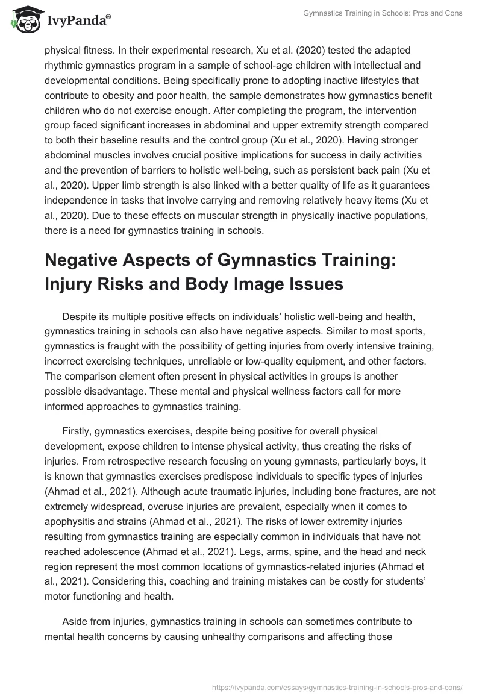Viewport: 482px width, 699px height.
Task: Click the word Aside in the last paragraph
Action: (75, 622)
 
